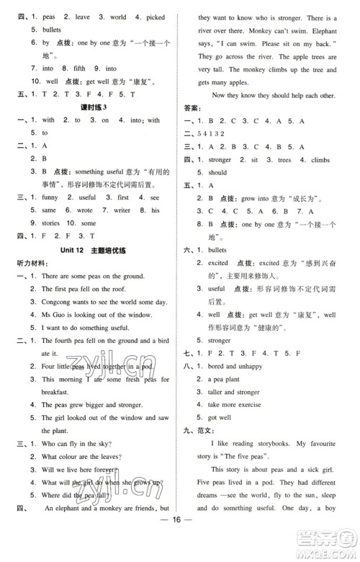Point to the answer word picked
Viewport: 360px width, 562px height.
coord(153,15)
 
